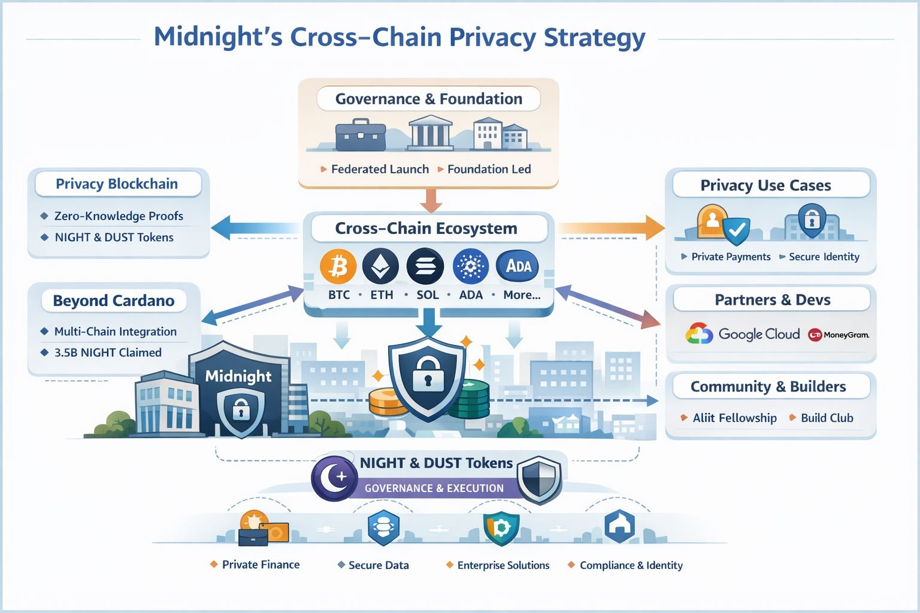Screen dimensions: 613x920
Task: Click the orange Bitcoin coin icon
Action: pyautogui.click(x=338, y=266)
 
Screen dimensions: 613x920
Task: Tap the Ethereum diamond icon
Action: pyautogui.click(x=381, y=266)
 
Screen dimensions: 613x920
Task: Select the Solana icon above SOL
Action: pyautogui.click(x=425, y=266)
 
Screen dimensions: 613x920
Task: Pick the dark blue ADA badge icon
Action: pyautogui.click(x=517, y=266)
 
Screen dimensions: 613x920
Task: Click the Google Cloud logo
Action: pyautogui.click(x=743, y=334)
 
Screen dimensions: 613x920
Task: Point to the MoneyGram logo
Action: pyautogui.click(x=839, y=335)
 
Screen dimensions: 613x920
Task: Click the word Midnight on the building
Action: pyautogui.click(x=238, y=376)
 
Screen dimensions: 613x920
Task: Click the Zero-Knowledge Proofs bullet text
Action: pyautogui.click(x=119, y=216)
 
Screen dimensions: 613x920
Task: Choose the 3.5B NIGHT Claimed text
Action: pyautogui.click(x=108, y=353)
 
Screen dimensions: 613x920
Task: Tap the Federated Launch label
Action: pyautogui.click(x=380, y=169)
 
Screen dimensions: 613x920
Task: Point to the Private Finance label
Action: pyautogui.click(x=261, y=565)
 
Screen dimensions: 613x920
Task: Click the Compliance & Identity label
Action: pyautogui.click(x=631, y=565)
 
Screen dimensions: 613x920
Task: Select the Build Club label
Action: pyautogui.click(x=827, y=418)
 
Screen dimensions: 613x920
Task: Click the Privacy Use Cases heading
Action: pyautogui.click(x=765, y=186)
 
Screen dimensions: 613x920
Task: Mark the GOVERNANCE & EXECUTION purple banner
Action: pyautogui.click(x=434, y=488)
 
